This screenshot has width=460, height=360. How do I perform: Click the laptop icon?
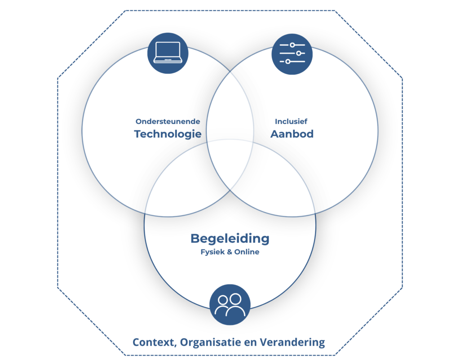pyautogui.click(x=168, y=53)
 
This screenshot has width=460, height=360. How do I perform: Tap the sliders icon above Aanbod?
pyautogui.click(x=292, y=53)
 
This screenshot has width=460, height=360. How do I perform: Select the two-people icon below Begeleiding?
pyautogui.click(x=230, y=305)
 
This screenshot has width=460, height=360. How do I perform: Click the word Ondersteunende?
pyautogui.click(x=168, y=121)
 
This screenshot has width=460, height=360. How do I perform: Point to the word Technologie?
pyautogui.click(x=168, y=134)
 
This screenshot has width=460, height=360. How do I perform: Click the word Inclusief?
pyautogui.click(x=291, y=121)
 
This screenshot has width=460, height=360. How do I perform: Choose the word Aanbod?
pyautogui.click(x=292, y=134)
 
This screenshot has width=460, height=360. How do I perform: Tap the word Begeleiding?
pyautogui.click(x=230, y=239)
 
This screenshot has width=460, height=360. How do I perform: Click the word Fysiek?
pyautogui.click(x=212, y=252)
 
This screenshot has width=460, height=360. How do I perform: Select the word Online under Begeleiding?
pyautogui.click(x=247, y=252)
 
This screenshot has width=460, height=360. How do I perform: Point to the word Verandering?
pyautogui.click(x=292, y=342)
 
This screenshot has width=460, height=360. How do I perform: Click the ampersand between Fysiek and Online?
pyautogui.click(x=230, y=252)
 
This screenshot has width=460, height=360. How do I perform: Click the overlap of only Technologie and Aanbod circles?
pyautogui.click(x=230, y=109)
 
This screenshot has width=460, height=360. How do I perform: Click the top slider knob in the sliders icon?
pyautogui.click(x=292, y=45)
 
